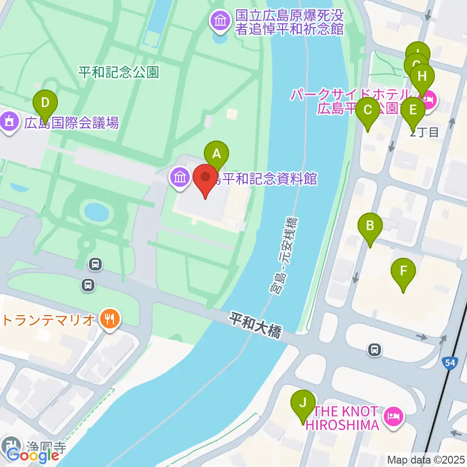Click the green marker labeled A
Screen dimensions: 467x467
pyautogui.click(x=217, y=155)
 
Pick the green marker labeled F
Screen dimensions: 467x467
pyautogui.click(x=403, y=271)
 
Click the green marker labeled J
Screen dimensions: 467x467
pyautogui.click(x=303, y=403)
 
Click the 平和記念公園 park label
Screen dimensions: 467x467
pyautogui.click(x=119, y=73)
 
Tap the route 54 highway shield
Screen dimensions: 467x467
pyautogui.click(x=449, y=362)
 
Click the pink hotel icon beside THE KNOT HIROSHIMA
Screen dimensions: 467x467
pyautogui.click(x=393, y=416)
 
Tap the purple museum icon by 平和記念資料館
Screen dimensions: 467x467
pyautogui.click(x=180, y=178)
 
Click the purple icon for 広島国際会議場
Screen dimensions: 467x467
pyautogui.click(x=9, y=122)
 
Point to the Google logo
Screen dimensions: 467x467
pyautogui.click(x=33, y=455)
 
